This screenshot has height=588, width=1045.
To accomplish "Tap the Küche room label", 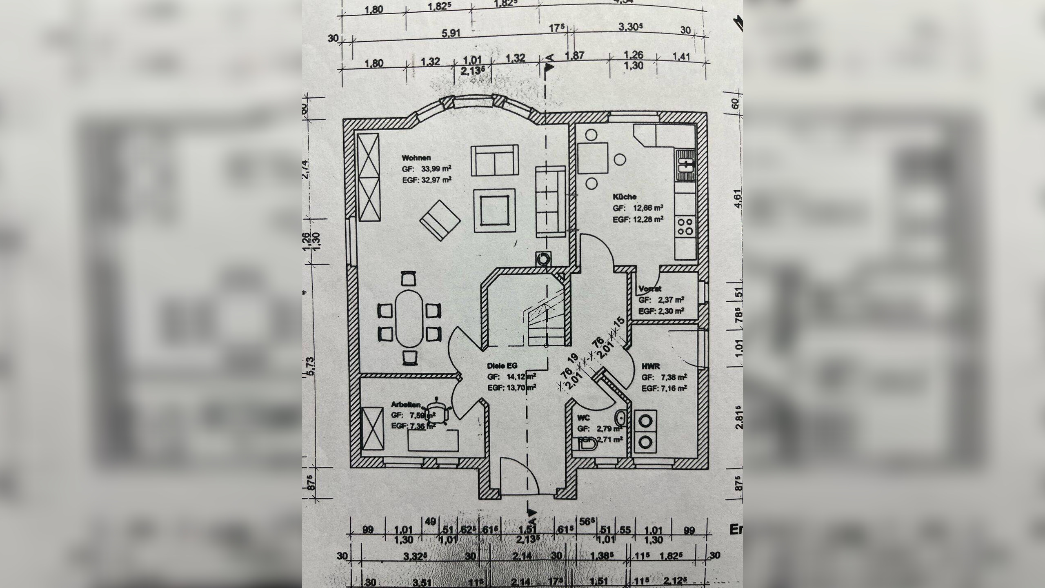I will click(x=625, y=197).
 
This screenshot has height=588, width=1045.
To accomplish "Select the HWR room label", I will click(x=651, y=367).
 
